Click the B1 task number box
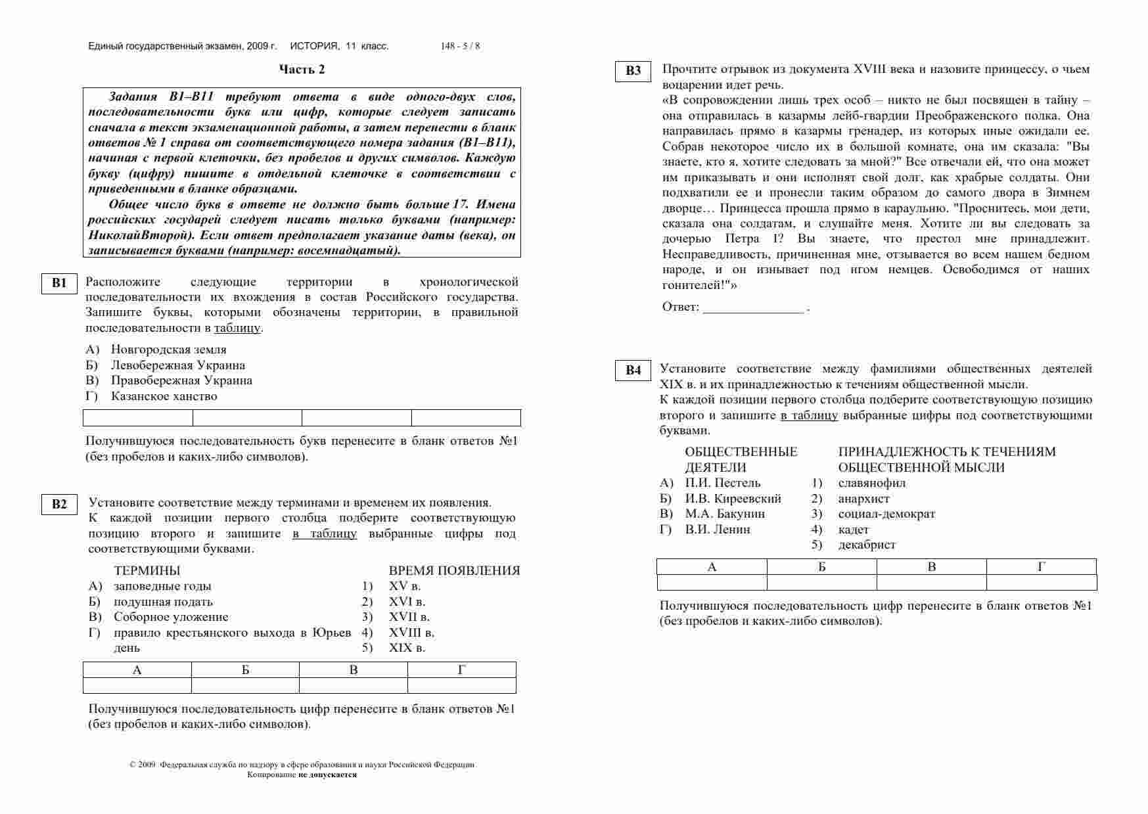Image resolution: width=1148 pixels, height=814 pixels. pos(59,283)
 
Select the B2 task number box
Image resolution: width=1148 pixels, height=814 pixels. pos(59,504)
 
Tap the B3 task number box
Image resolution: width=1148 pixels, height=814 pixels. pos(633,71)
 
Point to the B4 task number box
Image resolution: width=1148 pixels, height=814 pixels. pos(633,371)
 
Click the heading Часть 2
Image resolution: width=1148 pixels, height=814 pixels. pos(302,70)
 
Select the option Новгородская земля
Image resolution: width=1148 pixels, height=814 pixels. pos(168,350)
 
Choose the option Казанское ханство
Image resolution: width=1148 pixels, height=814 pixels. pos(164,396)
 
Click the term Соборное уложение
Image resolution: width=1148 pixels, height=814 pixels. pos(171,617)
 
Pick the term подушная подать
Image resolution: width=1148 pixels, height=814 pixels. pos(163,602)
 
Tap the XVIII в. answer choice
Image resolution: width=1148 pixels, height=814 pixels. pos(411,633)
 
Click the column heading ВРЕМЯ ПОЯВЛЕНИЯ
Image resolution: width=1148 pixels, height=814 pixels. pos(454,571)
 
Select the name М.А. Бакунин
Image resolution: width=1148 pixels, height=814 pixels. pos(725,514)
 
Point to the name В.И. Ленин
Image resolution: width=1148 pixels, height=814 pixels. pos(718,530)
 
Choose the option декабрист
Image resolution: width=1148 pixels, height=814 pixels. pos(867,545)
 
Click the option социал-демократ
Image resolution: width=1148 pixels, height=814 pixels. pos(886,514)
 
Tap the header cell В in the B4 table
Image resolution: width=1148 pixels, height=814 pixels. pos(931,567)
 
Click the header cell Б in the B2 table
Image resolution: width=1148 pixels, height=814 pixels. pos(245,670)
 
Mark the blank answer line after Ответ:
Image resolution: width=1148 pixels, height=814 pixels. pos(753,308)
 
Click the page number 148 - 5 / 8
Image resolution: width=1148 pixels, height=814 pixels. pos(460,46)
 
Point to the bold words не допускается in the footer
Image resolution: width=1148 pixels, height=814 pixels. pos(327,775)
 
